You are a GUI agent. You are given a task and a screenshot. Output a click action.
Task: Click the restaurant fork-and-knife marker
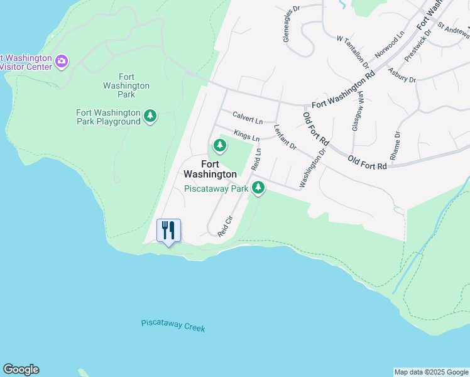(x=168, y=231)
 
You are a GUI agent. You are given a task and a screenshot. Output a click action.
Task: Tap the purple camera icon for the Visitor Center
(x=62, y=61)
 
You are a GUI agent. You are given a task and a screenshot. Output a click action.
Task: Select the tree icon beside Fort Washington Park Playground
(x=150, y=116)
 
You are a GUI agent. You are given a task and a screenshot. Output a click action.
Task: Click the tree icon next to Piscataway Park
(x=258, y=187)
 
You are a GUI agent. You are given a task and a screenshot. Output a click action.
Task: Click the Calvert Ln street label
(x=247, y=116)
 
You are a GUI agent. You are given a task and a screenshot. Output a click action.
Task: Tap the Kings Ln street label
(x=246, y=134)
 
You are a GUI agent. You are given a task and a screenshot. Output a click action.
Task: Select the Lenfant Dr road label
(x=285, y=137)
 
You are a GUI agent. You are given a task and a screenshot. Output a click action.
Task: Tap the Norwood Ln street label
(x=390, y=46)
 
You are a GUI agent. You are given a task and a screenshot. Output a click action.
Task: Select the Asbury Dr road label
(x=402, y=75)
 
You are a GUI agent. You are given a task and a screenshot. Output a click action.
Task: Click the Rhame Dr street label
(x=395, y=146)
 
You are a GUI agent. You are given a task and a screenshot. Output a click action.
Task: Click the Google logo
(x=21, y=369)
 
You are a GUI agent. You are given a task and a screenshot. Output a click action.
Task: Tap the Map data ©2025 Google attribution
(x=431, y=372)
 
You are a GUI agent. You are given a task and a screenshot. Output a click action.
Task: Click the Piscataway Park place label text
(x=217, y=188)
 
